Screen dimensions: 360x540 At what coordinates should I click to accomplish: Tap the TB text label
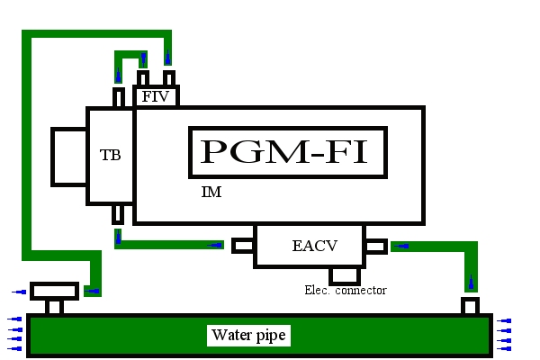click(x=110, y=155)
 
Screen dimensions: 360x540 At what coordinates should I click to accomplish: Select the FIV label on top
click(x=156, y=96)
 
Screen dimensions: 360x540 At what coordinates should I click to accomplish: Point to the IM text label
click(x=211, y=193)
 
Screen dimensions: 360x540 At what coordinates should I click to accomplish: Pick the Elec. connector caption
click(x=346, y=290)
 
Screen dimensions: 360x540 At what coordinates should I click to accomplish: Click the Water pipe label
click(x=248, y=336)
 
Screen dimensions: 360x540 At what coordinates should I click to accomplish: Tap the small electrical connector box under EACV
click(x=345, y=274)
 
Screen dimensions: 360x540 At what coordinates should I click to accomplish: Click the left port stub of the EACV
click(x=243, y=245)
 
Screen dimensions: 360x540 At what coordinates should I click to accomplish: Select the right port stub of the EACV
click(x=375, y=245)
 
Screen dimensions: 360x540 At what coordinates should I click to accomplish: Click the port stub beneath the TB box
click(x=117, y=214)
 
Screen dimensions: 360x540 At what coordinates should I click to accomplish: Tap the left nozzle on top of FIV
click(x=143, y=78)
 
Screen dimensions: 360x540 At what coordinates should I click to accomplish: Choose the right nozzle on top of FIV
click(x=168, y=78)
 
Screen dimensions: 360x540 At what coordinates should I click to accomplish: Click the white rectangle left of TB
click(x=69, y=157)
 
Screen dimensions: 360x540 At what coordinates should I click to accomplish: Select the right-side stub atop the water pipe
click(x=470, y=306)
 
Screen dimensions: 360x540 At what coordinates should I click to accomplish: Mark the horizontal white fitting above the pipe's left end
click(x=54, y=291)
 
